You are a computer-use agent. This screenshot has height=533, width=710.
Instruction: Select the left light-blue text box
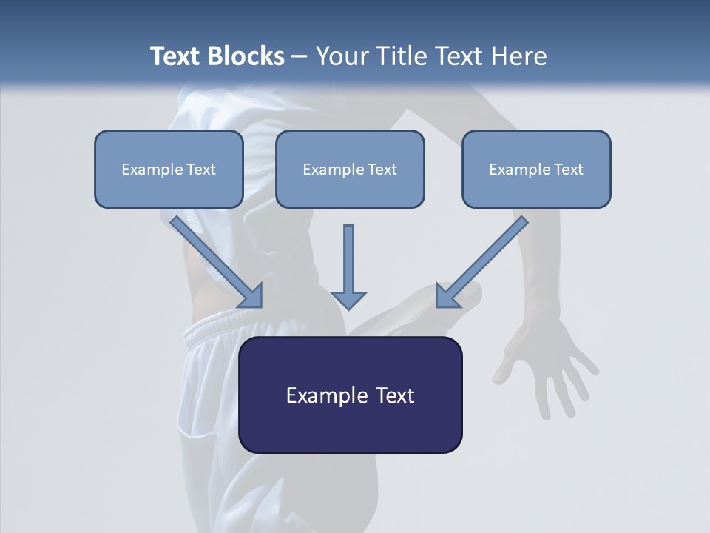pyautogui.click(x=169, y=169)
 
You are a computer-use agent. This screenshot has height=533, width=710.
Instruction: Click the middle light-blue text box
pyautogui.click(x=350, y=169)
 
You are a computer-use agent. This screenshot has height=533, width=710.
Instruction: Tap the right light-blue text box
pyautogui.click(x=536, y=169)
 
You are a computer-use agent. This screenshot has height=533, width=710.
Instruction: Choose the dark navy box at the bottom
pyautogui.click(x=350, y=395)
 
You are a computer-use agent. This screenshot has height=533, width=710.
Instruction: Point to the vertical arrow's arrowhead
pyautogui.click(x=348, y=299)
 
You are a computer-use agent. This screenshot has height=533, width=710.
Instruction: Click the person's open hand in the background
pyautogui.click(x=551, y=363)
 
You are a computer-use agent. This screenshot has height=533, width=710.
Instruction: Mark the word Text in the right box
pyautogui.click(x=568, y=170)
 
